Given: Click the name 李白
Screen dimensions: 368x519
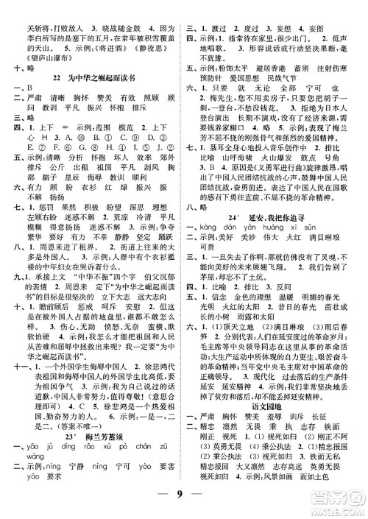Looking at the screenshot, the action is click(x=29, y=27).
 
